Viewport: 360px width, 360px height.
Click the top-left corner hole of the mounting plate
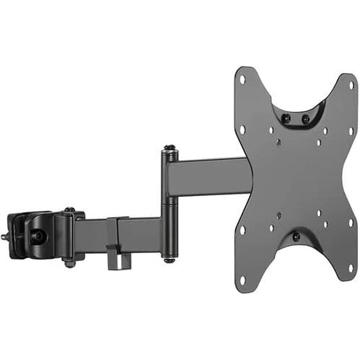click(x=243, y=80)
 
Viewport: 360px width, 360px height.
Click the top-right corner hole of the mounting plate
click(x=352, y=85)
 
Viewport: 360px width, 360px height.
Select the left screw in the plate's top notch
click(x=287, y=118)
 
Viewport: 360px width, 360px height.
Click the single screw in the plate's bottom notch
click(x=296, y=237)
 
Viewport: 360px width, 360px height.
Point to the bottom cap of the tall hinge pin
click(x=168, y=259)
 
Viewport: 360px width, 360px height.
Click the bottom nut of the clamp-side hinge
click(x=69, y=264)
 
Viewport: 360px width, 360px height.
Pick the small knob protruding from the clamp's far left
click(x=4, y=237)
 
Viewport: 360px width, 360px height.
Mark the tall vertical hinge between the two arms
click(x=168, y=206)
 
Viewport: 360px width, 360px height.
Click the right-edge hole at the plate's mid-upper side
click(x=351, y=131)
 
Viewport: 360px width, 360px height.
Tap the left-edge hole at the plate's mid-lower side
click(x=242, y=229)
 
